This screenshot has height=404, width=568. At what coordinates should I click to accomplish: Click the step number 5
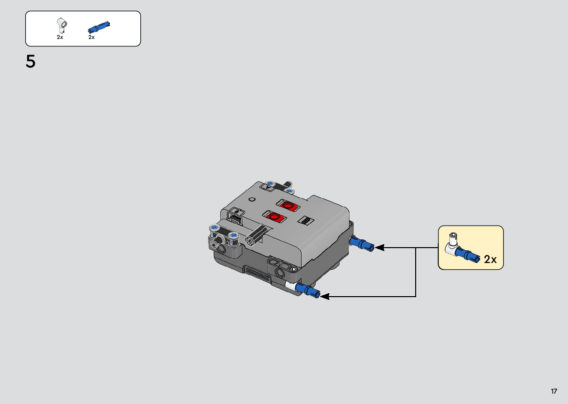30,62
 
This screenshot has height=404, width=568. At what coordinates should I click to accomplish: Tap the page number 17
554,391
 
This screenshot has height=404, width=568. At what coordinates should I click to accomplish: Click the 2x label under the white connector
60,37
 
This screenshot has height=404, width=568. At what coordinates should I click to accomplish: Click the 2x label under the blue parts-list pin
92,37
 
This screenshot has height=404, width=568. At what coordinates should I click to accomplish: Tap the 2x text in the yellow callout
490,259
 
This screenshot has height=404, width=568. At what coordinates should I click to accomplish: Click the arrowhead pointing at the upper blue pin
379,247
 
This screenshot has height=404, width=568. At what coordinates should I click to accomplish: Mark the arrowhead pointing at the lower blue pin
324,296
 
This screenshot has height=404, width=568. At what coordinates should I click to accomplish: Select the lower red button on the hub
274,216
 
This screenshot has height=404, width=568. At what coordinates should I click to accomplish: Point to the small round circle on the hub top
252,199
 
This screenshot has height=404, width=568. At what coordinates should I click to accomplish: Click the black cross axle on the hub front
257,236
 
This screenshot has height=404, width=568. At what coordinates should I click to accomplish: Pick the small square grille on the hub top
306,220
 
